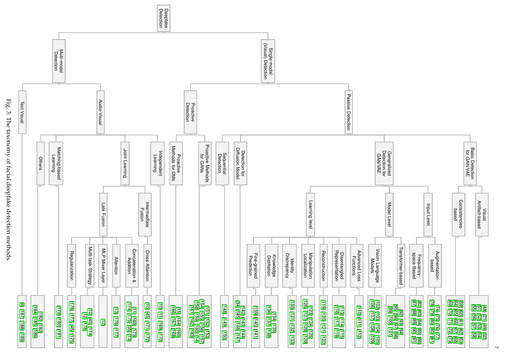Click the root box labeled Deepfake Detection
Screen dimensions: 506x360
tap(164, 18)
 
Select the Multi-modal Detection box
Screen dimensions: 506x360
tap(59, 61)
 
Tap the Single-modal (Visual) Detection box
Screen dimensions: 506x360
tap(268, 61)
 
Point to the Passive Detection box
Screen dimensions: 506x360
tap(349, 112)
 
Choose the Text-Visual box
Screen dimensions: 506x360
tap(22, 112)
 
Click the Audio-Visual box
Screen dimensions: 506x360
tap(100, 112)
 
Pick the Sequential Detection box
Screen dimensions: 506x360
tap(222, 163)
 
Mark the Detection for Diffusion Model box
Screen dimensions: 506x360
tap(240, 163)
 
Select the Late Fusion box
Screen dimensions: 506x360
tap(103, 214)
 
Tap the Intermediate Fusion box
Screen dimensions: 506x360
tap(145, 214)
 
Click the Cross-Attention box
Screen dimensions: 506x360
tap(147, 266)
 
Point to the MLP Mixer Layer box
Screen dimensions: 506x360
tap(103, 266)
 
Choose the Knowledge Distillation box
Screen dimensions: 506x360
tap(272, 266)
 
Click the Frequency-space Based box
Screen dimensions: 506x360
tap(416, 266)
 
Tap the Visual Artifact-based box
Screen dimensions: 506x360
tap(482, 214)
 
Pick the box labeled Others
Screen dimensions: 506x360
tap(40, 163)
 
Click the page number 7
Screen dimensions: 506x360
tap(497, 347)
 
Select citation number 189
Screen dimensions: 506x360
tap(22, 337)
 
